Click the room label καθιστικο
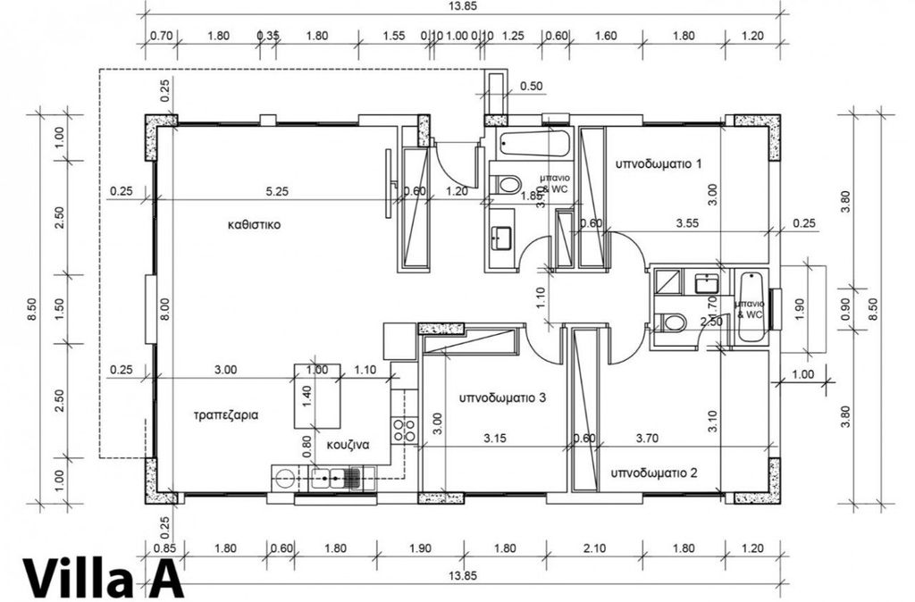click(x=255, y=225)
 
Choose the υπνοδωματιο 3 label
click(x=502, y=397)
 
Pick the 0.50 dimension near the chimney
click(x=531, y=87)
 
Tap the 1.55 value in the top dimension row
click(x=394, y=37)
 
